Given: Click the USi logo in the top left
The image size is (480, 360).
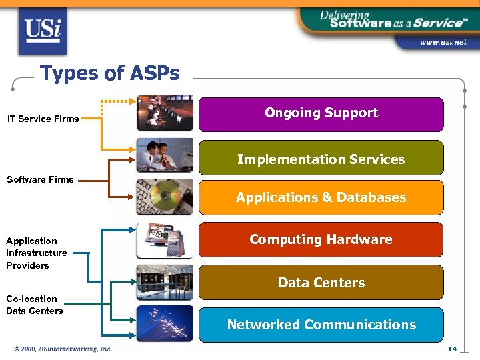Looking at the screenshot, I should pos(43,30).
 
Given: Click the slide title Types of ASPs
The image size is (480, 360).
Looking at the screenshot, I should pos(109,73).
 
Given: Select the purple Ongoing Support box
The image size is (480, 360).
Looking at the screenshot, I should pos(321,114).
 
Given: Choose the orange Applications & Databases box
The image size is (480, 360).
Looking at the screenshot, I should pos(321,197).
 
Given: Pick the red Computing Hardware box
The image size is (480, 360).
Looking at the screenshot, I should pos(321,239).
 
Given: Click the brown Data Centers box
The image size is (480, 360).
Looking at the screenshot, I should pos(321,283).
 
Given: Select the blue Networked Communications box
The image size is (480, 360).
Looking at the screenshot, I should pos(321,325).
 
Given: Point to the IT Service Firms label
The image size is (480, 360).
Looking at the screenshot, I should pos(43,119).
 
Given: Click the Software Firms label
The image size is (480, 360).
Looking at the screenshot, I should pos(40,179).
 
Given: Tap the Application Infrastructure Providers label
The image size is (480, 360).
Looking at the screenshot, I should pos(36,253).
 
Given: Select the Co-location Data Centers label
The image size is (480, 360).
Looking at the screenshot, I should pos(35,305).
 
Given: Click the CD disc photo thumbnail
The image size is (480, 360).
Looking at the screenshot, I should pos(165,197).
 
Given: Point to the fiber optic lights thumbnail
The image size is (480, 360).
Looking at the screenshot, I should pos(165,324).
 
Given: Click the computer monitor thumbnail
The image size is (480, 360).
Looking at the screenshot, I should pos(165,240).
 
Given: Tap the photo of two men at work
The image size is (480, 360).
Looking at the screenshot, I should pos(165,155).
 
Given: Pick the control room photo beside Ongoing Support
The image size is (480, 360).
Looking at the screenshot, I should pos(165,113).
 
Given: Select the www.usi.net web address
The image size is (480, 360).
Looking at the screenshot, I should pos(442,42).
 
